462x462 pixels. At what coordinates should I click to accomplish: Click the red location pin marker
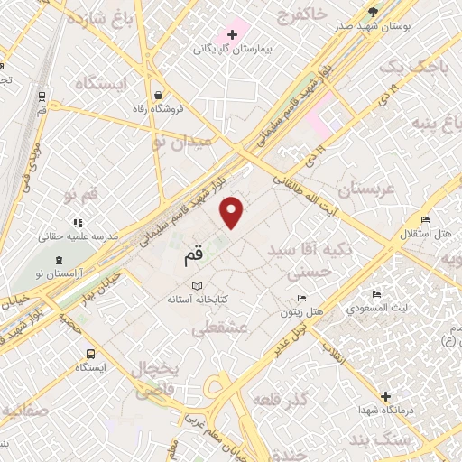coord(233,211)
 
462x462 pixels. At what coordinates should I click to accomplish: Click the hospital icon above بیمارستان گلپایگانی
coord(232,35)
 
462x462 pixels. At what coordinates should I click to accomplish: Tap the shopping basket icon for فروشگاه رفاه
coord(159,94)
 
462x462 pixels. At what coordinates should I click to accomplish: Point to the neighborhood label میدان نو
coord(181,141)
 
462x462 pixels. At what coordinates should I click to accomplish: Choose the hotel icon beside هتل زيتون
coord(302,297)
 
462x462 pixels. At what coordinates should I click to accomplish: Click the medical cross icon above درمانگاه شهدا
coord(385,396)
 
